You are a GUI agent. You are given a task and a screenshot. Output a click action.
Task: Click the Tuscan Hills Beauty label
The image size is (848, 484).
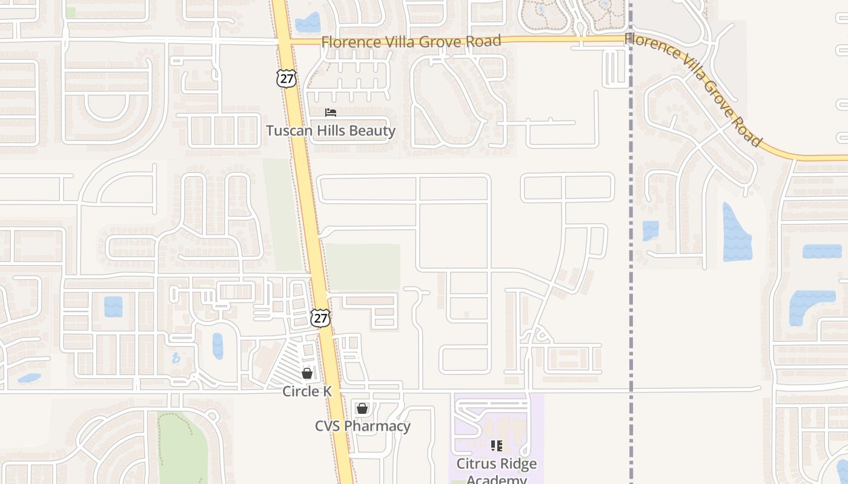[331, 131]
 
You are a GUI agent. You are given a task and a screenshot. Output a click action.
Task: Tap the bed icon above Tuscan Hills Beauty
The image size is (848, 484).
[331, 113]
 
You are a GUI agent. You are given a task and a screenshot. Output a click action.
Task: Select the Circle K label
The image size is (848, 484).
[307, 391]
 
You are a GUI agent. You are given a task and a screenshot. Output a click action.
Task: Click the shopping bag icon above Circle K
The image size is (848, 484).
[307, 373]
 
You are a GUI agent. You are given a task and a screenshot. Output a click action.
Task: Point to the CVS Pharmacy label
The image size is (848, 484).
[362, 426]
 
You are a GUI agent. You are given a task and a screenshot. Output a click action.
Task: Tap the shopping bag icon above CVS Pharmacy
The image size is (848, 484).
[362, 408]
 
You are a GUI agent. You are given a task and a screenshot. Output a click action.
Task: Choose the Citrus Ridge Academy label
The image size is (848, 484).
[497, 471]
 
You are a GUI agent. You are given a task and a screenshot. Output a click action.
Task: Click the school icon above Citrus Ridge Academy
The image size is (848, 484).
[497, 446]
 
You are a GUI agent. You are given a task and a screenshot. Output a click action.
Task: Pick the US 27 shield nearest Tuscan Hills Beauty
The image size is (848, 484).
[287, 78]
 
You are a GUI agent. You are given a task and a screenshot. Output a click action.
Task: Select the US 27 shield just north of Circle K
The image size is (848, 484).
[320, 318]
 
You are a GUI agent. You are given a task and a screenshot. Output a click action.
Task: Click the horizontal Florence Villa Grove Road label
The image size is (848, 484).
[411, 42]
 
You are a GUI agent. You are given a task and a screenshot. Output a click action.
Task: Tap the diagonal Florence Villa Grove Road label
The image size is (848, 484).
[694, 89]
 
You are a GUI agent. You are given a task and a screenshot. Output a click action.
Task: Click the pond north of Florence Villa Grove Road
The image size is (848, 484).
[308, 23]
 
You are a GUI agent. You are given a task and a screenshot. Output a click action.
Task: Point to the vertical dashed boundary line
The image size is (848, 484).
[631, 242]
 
